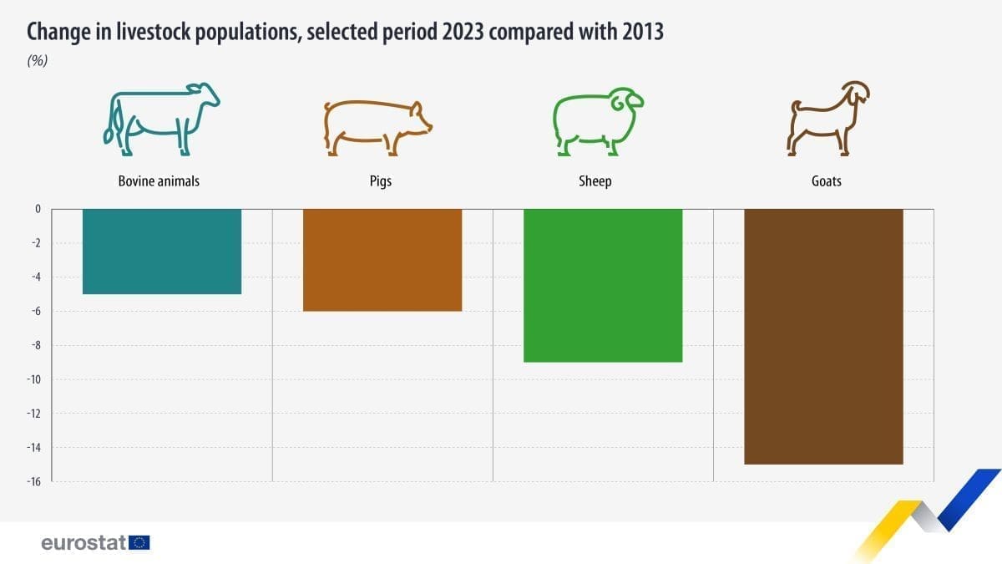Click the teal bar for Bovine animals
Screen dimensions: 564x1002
(162, 251)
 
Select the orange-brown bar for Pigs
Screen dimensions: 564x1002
(382, 260)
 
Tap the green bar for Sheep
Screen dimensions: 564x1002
(603, 285)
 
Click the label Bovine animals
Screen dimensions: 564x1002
(159, 180)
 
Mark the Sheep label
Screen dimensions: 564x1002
(595, 180)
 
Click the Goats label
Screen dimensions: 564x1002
(826, 180)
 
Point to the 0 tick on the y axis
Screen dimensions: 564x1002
(38, 209)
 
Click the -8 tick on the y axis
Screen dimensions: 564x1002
(36, 345)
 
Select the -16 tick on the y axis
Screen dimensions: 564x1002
(34, 481)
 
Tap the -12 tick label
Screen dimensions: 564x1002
(34, 413)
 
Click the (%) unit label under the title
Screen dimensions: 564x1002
(38, 61)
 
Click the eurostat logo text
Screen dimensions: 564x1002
(83, 543)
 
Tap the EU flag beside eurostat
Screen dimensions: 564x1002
(139, 543)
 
